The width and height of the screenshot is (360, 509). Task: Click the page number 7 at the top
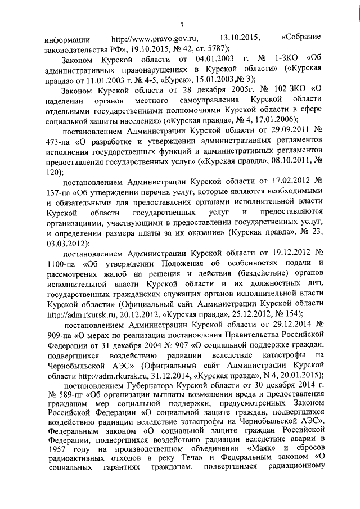(182, 24)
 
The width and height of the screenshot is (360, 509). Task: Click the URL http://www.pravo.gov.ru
(155, 38)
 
